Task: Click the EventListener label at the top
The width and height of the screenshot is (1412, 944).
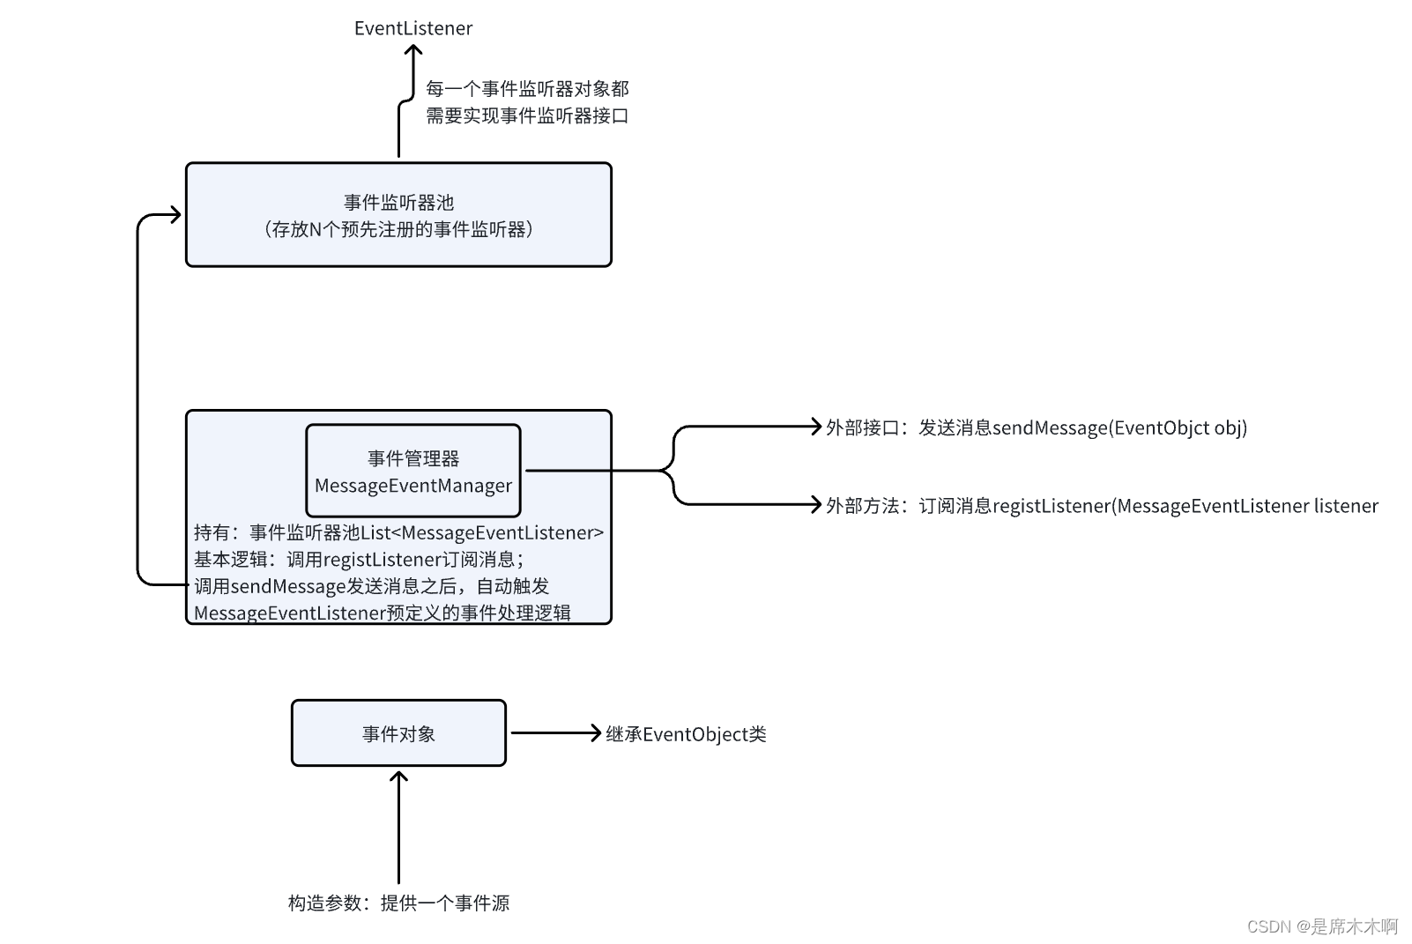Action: click(x=412, y=28)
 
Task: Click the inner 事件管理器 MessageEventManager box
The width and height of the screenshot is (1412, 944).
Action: click(x=412, y=471)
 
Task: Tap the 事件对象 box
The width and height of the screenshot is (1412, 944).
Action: click(x=398, y=733)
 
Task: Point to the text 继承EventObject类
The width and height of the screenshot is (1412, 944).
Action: click(x=686, y=734)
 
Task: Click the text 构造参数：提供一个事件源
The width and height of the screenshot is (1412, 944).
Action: click(x=398, y=903)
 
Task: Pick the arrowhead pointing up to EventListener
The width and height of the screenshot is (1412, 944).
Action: click(x=412, y=50)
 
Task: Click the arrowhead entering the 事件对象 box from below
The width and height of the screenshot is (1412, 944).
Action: click(x=398, y=776)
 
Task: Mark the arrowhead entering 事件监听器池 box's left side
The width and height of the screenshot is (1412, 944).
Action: click(x=176, y=214)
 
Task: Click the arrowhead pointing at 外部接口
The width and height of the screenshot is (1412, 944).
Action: click(x=817, y=427)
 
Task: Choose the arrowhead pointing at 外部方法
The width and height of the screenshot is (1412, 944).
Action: click(x=817, y=504)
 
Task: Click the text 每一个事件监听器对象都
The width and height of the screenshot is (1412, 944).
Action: click(x=527, y=88)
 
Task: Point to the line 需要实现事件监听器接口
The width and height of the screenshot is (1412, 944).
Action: click(x=527, y=115)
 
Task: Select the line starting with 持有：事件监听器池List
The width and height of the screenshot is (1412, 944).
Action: click(x=398, y=532)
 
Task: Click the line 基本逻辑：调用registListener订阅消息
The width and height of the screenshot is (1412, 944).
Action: click(x=359, y=559)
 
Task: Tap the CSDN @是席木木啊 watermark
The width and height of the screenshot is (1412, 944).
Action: click(x=1322, y=925)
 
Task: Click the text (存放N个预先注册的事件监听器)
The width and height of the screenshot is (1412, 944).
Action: click(x=398, y=229)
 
